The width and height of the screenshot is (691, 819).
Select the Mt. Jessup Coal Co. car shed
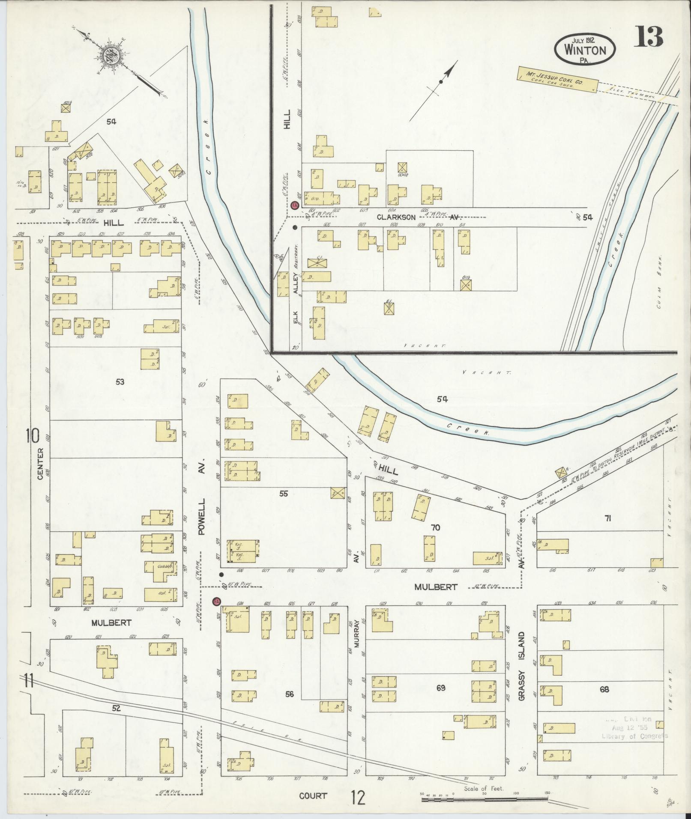click(557, 79)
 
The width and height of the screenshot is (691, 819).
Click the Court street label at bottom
click(313, 796)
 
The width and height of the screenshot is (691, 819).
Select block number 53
click(120, 381)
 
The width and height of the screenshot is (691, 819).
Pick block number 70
click(435, 527)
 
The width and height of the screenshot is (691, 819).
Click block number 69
click(441, 688)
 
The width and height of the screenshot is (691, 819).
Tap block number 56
click(290, 694)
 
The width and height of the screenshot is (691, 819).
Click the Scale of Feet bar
click(484, 798)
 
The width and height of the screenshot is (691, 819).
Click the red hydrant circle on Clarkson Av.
click(294, 205)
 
